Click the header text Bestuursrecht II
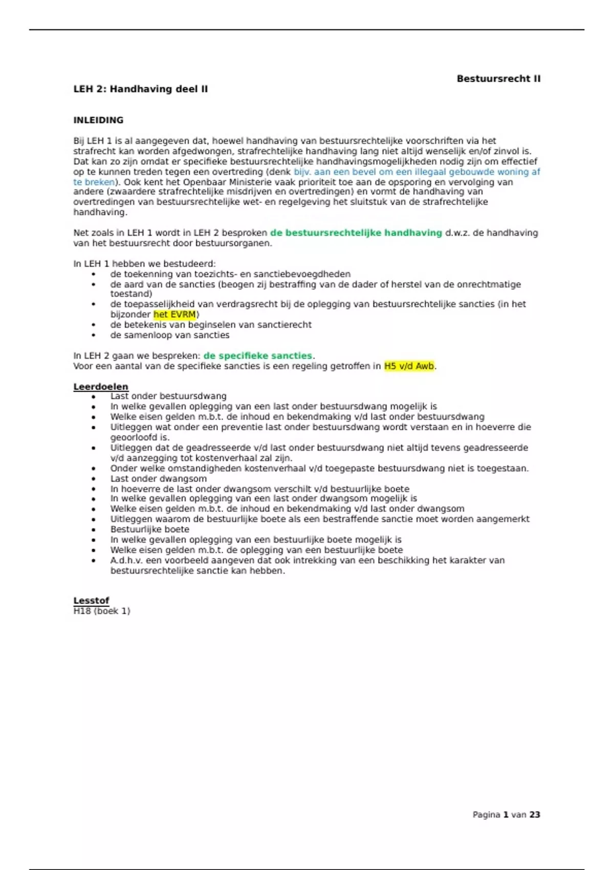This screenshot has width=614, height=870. (x=498, y=79)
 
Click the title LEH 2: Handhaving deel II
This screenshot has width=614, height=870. (x=141, y=89)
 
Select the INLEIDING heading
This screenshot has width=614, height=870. (x=98, y=120)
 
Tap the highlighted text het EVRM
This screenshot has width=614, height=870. (x=175, y=315)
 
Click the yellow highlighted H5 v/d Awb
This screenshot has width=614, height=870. (x=409, y=366)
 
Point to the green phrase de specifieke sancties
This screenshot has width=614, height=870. (x=257, y=356)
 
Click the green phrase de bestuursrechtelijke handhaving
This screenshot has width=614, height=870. (x=356, y=233)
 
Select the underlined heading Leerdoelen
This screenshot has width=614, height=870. (x=101, y=387)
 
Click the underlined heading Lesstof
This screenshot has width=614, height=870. (x=91, y=601)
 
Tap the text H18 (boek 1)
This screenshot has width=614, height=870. (x=102, y=611)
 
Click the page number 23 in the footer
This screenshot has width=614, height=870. (x=535, y=815)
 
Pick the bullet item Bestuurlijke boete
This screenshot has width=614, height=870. (x=149, y=530)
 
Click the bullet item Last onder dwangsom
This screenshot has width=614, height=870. (x=159, y=478)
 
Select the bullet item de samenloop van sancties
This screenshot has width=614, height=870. (x=170, y=335)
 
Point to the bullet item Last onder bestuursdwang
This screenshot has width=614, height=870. (x=168, y=396)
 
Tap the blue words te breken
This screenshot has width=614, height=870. (x=94, y=182)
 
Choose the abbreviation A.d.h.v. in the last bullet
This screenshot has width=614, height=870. (x=126, y=560)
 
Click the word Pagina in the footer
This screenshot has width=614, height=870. (x=486, y=815)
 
